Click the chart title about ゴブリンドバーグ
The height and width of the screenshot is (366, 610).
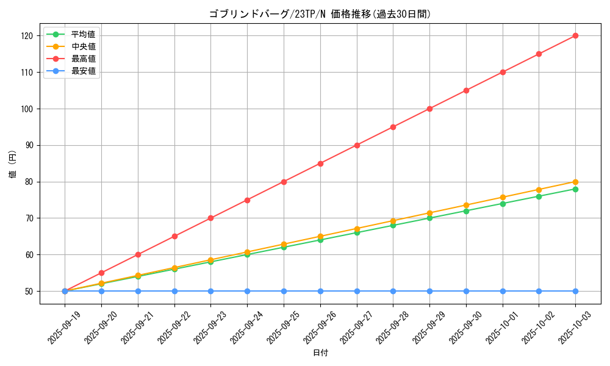coord(320,14)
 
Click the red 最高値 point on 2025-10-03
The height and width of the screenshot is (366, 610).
coord(575,36)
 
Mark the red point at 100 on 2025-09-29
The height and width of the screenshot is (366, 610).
coord(429,109)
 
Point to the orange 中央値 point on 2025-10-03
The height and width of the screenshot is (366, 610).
coord(575,182)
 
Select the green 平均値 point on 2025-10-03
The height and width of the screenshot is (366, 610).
coord(575,189)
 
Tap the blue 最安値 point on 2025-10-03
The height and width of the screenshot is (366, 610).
coord(575,291)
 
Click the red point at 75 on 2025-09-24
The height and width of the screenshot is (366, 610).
coord(247,200)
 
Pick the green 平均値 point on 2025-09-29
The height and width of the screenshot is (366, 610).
coord(429,218)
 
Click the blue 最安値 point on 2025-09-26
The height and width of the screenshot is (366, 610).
coord(320,291)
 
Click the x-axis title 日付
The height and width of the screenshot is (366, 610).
coord(320,353)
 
